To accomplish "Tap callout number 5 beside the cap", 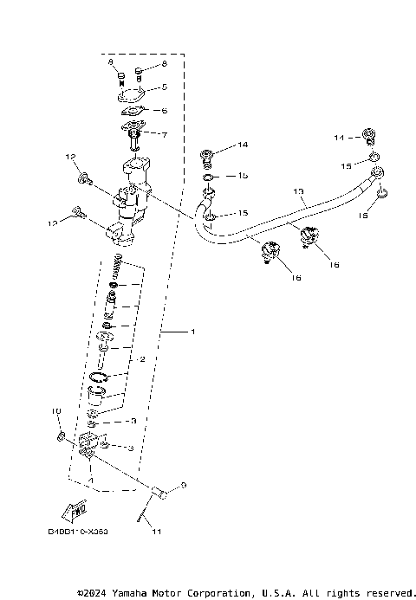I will [x=164, y=87].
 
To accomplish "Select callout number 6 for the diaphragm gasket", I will [x=164, y=111].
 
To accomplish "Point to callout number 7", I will [x=164, y=134].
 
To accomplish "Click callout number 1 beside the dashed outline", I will [x=193, y=332].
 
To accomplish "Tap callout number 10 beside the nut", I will [x=55, y=411].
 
